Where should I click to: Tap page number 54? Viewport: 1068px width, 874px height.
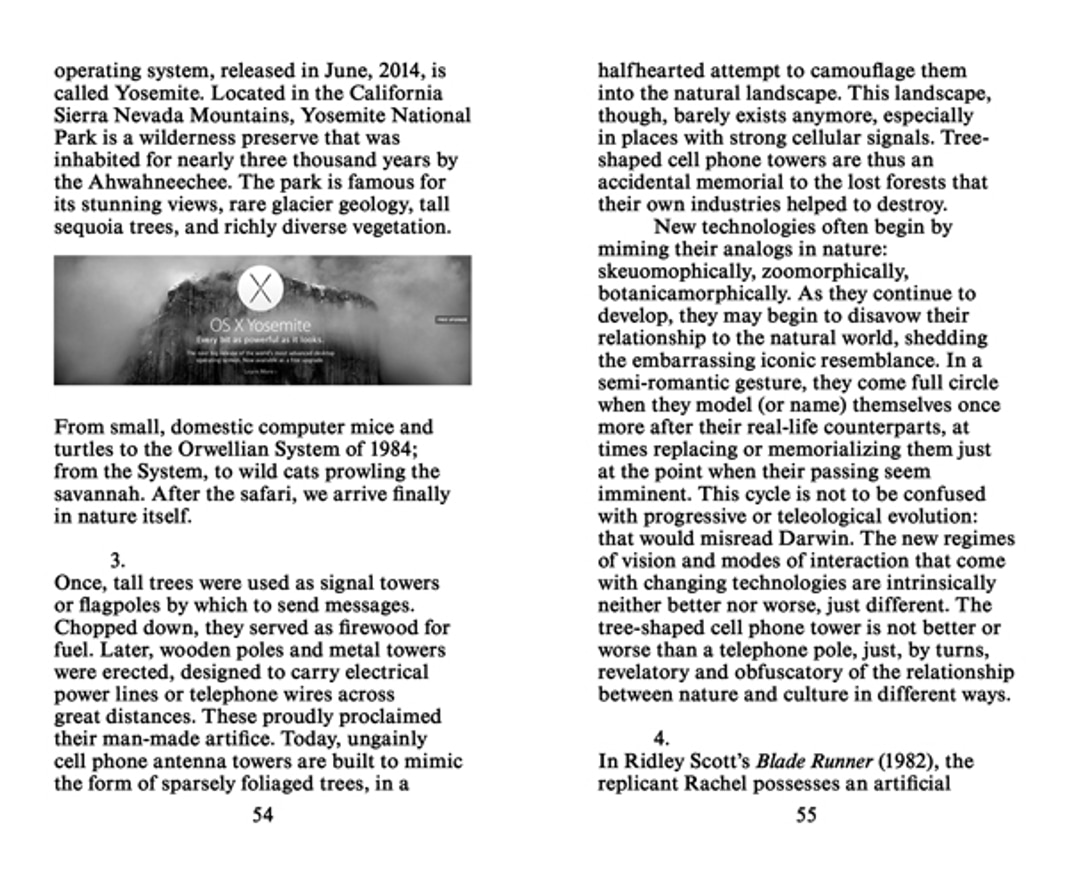tap(262, 814)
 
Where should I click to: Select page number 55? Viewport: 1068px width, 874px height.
tap(806, 814)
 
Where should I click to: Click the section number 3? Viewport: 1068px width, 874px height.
tap(116, 560)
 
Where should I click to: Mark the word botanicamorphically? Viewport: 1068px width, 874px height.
tap(688, 294)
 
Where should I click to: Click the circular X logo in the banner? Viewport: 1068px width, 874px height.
tap(261, 290)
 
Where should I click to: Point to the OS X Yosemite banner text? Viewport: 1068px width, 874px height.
tap(260, 325)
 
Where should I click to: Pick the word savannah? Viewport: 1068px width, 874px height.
tap(97, 494)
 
